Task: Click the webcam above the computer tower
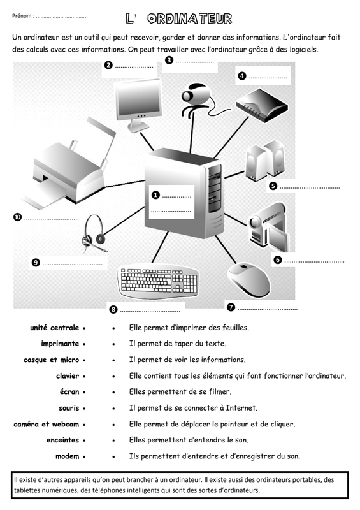click(x=195, y=98)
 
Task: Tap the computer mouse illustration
click(x=248, y=280)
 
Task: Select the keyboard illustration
click(x=159, y=282)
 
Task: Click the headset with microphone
click(x=94, y=233)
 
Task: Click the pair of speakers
click(x=265, y=161)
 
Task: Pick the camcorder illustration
click(x=268, y=228)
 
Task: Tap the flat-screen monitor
click(x=139, y=105)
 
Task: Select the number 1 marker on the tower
click(x=155, y=195)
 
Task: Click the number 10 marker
click(x=17, y=217)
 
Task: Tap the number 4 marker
click(x=242, y=76)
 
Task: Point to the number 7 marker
click(x=231, y=307)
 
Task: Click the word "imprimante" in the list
click(x=60, y=344)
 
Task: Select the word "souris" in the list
click(x=69, y=408)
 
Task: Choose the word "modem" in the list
click(x=68, y=456)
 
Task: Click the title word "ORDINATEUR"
click(x=190, y=19)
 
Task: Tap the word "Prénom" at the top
click(x=22, y=15)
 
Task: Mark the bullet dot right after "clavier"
click(x=84, y=377)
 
